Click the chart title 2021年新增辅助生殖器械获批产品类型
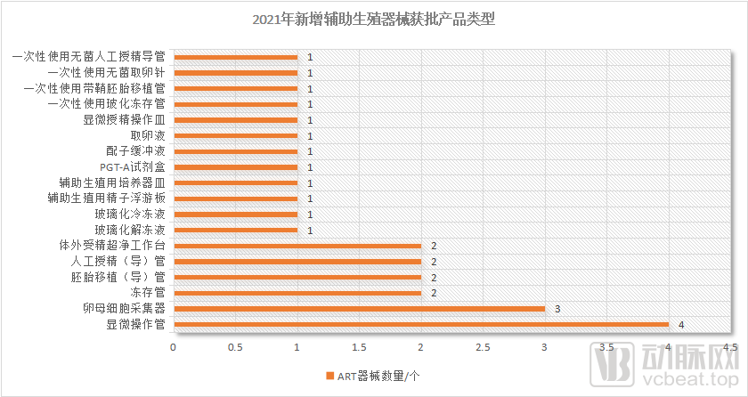tap(373, 19)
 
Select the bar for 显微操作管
tap(420, 324)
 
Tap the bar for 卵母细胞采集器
tap(359, 309)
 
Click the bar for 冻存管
tap(297, 293)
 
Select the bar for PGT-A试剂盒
tap(235, 166)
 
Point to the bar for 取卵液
tap(235, 135)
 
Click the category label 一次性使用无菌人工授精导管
tap(88, 57)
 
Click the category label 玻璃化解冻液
tap(130, 230)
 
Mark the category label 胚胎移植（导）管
tap(118, 277)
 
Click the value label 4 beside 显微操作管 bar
tap(681, 325)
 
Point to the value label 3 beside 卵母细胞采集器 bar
tap(557, 309)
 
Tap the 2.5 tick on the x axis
tap(483, 345)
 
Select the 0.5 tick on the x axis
tap(235, 345)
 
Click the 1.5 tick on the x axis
tap(359, 345)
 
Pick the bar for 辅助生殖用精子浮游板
tap(235, 198)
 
